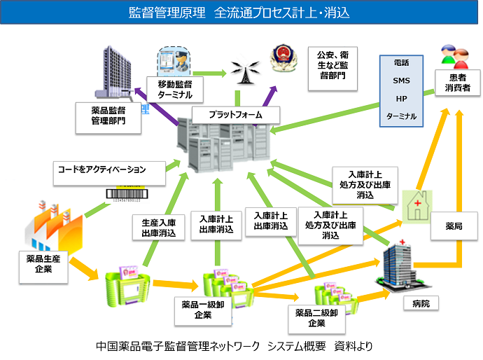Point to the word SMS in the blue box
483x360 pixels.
(x=401, y=81)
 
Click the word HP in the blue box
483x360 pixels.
(x=401, y=98)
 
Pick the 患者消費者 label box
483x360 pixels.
(x=458, y=83)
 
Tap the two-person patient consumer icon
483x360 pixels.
(x=456, y=55)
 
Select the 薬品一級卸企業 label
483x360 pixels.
(x=203, y=310)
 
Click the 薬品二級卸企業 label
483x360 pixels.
(x=316, y=318)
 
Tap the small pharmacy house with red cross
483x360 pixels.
(x=418, y=202)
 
